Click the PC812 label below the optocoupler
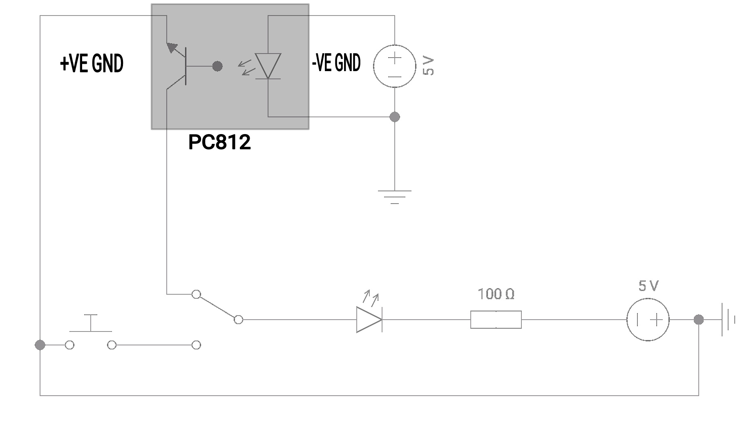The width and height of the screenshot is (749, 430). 219,142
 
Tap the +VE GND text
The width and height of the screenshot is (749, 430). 92,64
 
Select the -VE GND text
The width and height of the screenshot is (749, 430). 336,63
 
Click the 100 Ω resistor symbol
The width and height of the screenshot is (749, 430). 496,320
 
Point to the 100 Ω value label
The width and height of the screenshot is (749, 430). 496,294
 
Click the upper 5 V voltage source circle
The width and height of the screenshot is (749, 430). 394,66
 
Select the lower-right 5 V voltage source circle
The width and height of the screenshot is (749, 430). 648,320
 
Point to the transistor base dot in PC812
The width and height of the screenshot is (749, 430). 217,66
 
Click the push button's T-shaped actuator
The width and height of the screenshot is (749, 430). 90,323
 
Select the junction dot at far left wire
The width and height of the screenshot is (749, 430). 40,345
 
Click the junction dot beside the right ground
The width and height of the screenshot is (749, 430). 699,320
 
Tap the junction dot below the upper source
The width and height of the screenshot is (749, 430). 394,117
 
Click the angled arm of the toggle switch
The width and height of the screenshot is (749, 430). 217,307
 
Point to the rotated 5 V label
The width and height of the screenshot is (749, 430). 428,66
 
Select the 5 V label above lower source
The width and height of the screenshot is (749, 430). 648,286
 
